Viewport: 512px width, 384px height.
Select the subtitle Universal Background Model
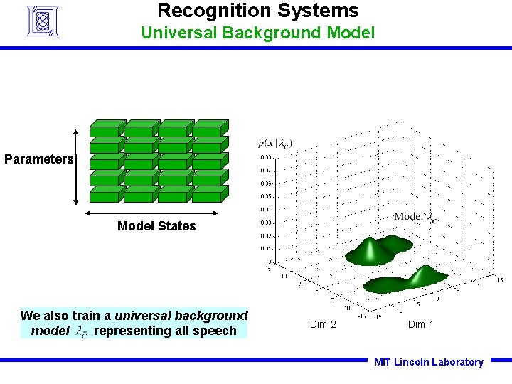[257, 33]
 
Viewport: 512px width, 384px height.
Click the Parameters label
[38, 159]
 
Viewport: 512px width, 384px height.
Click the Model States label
[156, 226]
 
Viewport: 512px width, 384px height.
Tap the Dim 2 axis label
[324, 324]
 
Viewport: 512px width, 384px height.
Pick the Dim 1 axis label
[421, 324]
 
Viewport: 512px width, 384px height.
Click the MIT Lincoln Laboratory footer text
[429, 362]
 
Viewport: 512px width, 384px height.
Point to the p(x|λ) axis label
[275, 144]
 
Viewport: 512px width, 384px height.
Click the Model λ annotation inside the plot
[416, 217]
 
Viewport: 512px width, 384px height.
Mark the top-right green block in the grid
[208, 128]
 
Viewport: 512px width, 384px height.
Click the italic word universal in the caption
[142, 315]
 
